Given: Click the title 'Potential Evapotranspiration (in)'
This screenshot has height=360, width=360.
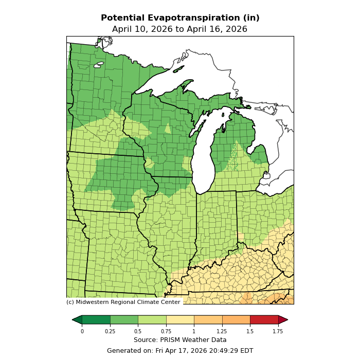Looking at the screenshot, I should click(180, 18).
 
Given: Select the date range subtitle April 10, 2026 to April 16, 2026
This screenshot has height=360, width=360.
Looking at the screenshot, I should click(180, 29).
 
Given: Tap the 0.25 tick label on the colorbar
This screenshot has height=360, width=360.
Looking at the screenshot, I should click(110, 331).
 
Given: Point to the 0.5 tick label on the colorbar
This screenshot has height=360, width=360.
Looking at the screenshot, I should click(138, 331).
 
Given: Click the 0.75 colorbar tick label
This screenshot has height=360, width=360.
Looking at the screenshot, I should click(166, 331).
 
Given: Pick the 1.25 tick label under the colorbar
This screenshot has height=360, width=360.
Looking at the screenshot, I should click(222, 331).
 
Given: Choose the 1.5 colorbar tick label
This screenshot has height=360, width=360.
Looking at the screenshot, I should click(250, 331).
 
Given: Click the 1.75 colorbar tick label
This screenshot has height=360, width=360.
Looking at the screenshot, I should click(278, 331).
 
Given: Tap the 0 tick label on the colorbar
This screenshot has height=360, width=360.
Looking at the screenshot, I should click(82, 331).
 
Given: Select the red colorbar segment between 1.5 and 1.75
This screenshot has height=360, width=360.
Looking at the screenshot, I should click(264, 320).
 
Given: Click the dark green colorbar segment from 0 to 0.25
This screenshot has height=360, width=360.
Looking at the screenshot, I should click(96, 320).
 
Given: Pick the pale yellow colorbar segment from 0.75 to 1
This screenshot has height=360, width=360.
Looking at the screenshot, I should click(180, 320).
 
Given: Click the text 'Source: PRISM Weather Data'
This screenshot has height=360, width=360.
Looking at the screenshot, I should click(180, 340).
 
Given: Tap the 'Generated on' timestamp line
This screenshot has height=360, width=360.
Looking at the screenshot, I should click(180, 351).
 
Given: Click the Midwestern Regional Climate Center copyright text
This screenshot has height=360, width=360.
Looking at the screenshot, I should click(123, 302).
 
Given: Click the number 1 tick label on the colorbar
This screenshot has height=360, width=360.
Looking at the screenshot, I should click(194, 331).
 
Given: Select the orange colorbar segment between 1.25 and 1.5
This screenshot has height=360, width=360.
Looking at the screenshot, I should click(236, 320).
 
